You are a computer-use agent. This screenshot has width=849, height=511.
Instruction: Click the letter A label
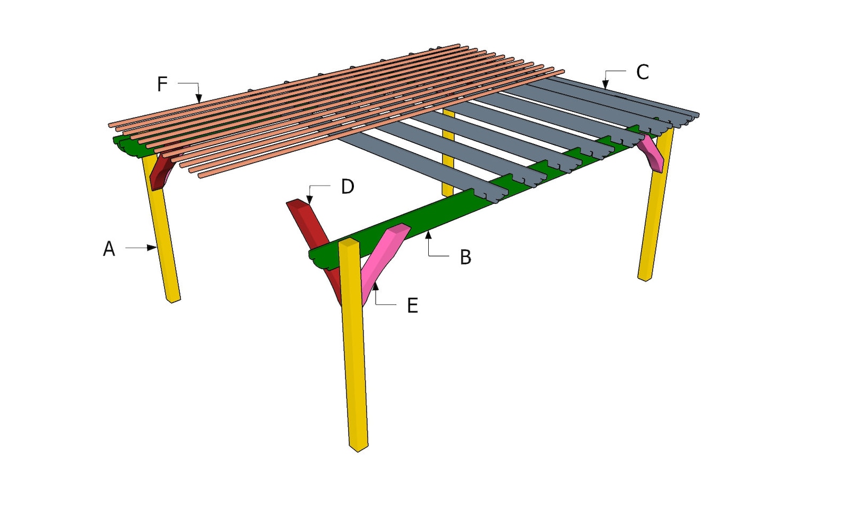[109, 249]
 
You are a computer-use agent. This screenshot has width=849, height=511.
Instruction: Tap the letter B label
[466, 257]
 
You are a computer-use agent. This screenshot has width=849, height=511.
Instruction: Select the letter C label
[642, 72]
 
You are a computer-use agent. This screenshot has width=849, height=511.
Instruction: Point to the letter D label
[348, 187]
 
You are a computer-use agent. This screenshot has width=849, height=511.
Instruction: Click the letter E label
[412, 306]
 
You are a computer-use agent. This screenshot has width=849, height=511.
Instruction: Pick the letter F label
[162, 84]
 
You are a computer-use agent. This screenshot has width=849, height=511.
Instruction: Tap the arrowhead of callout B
[428, 234]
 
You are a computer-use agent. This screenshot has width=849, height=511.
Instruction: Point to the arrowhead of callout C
[605, 85]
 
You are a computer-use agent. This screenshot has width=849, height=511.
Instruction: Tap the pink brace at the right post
[653, 154]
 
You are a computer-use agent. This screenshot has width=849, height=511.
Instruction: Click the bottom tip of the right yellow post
[645, 279]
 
